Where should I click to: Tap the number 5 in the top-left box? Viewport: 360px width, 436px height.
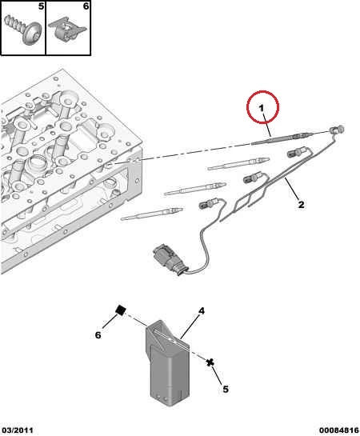(x=41, y=6)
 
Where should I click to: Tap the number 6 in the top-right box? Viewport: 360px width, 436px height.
(x=86, y=6)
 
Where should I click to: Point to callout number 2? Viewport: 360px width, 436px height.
(x=301, y=205)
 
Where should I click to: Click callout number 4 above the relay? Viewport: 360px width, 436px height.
(x=202, y=310)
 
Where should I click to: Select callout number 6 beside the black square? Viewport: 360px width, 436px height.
(x=98, y=335)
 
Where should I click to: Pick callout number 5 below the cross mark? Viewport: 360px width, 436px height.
(x=226, y=389)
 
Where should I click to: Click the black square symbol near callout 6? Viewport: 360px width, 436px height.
(x=120, y=310)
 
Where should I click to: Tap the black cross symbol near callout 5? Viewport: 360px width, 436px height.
(x=210, y=362)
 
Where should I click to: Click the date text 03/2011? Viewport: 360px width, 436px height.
(x=18, y=430)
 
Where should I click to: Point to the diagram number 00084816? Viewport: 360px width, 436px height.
(x=339, y=430)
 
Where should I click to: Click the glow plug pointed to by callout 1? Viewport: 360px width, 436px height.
(x=283, y=138)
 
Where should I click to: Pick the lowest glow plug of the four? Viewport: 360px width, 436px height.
(x=152, y=214)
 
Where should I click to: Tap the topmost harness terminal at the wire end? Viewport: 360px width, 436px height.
(x=337, y=130)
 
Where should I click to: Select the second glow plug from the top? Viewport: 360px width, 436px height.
(x=238, y=164)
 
